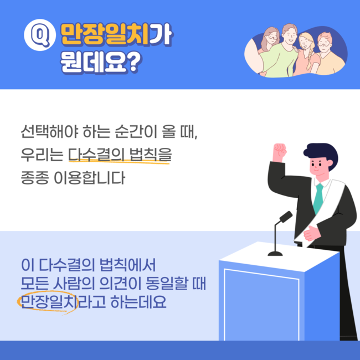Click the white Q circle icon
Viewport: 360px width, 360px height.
(40, 35)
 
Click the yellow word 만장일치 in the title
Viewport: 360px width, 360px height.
(105, 34)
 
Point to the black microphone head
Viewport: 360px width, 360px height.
(286, 217)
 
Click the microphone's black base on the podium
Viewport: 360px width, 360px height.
(275, 254)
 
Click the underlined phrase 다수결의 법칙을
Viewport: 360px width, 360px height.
(120, 155)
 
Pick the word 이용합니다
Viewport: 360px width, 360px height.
(89, 178)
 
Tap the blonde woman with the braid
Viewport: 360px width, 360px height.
(307, 54)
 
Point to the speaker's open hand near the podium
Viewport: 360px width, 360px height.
(312, 233)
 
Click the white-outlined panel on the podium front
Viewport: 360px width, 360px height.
(261, 305)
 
